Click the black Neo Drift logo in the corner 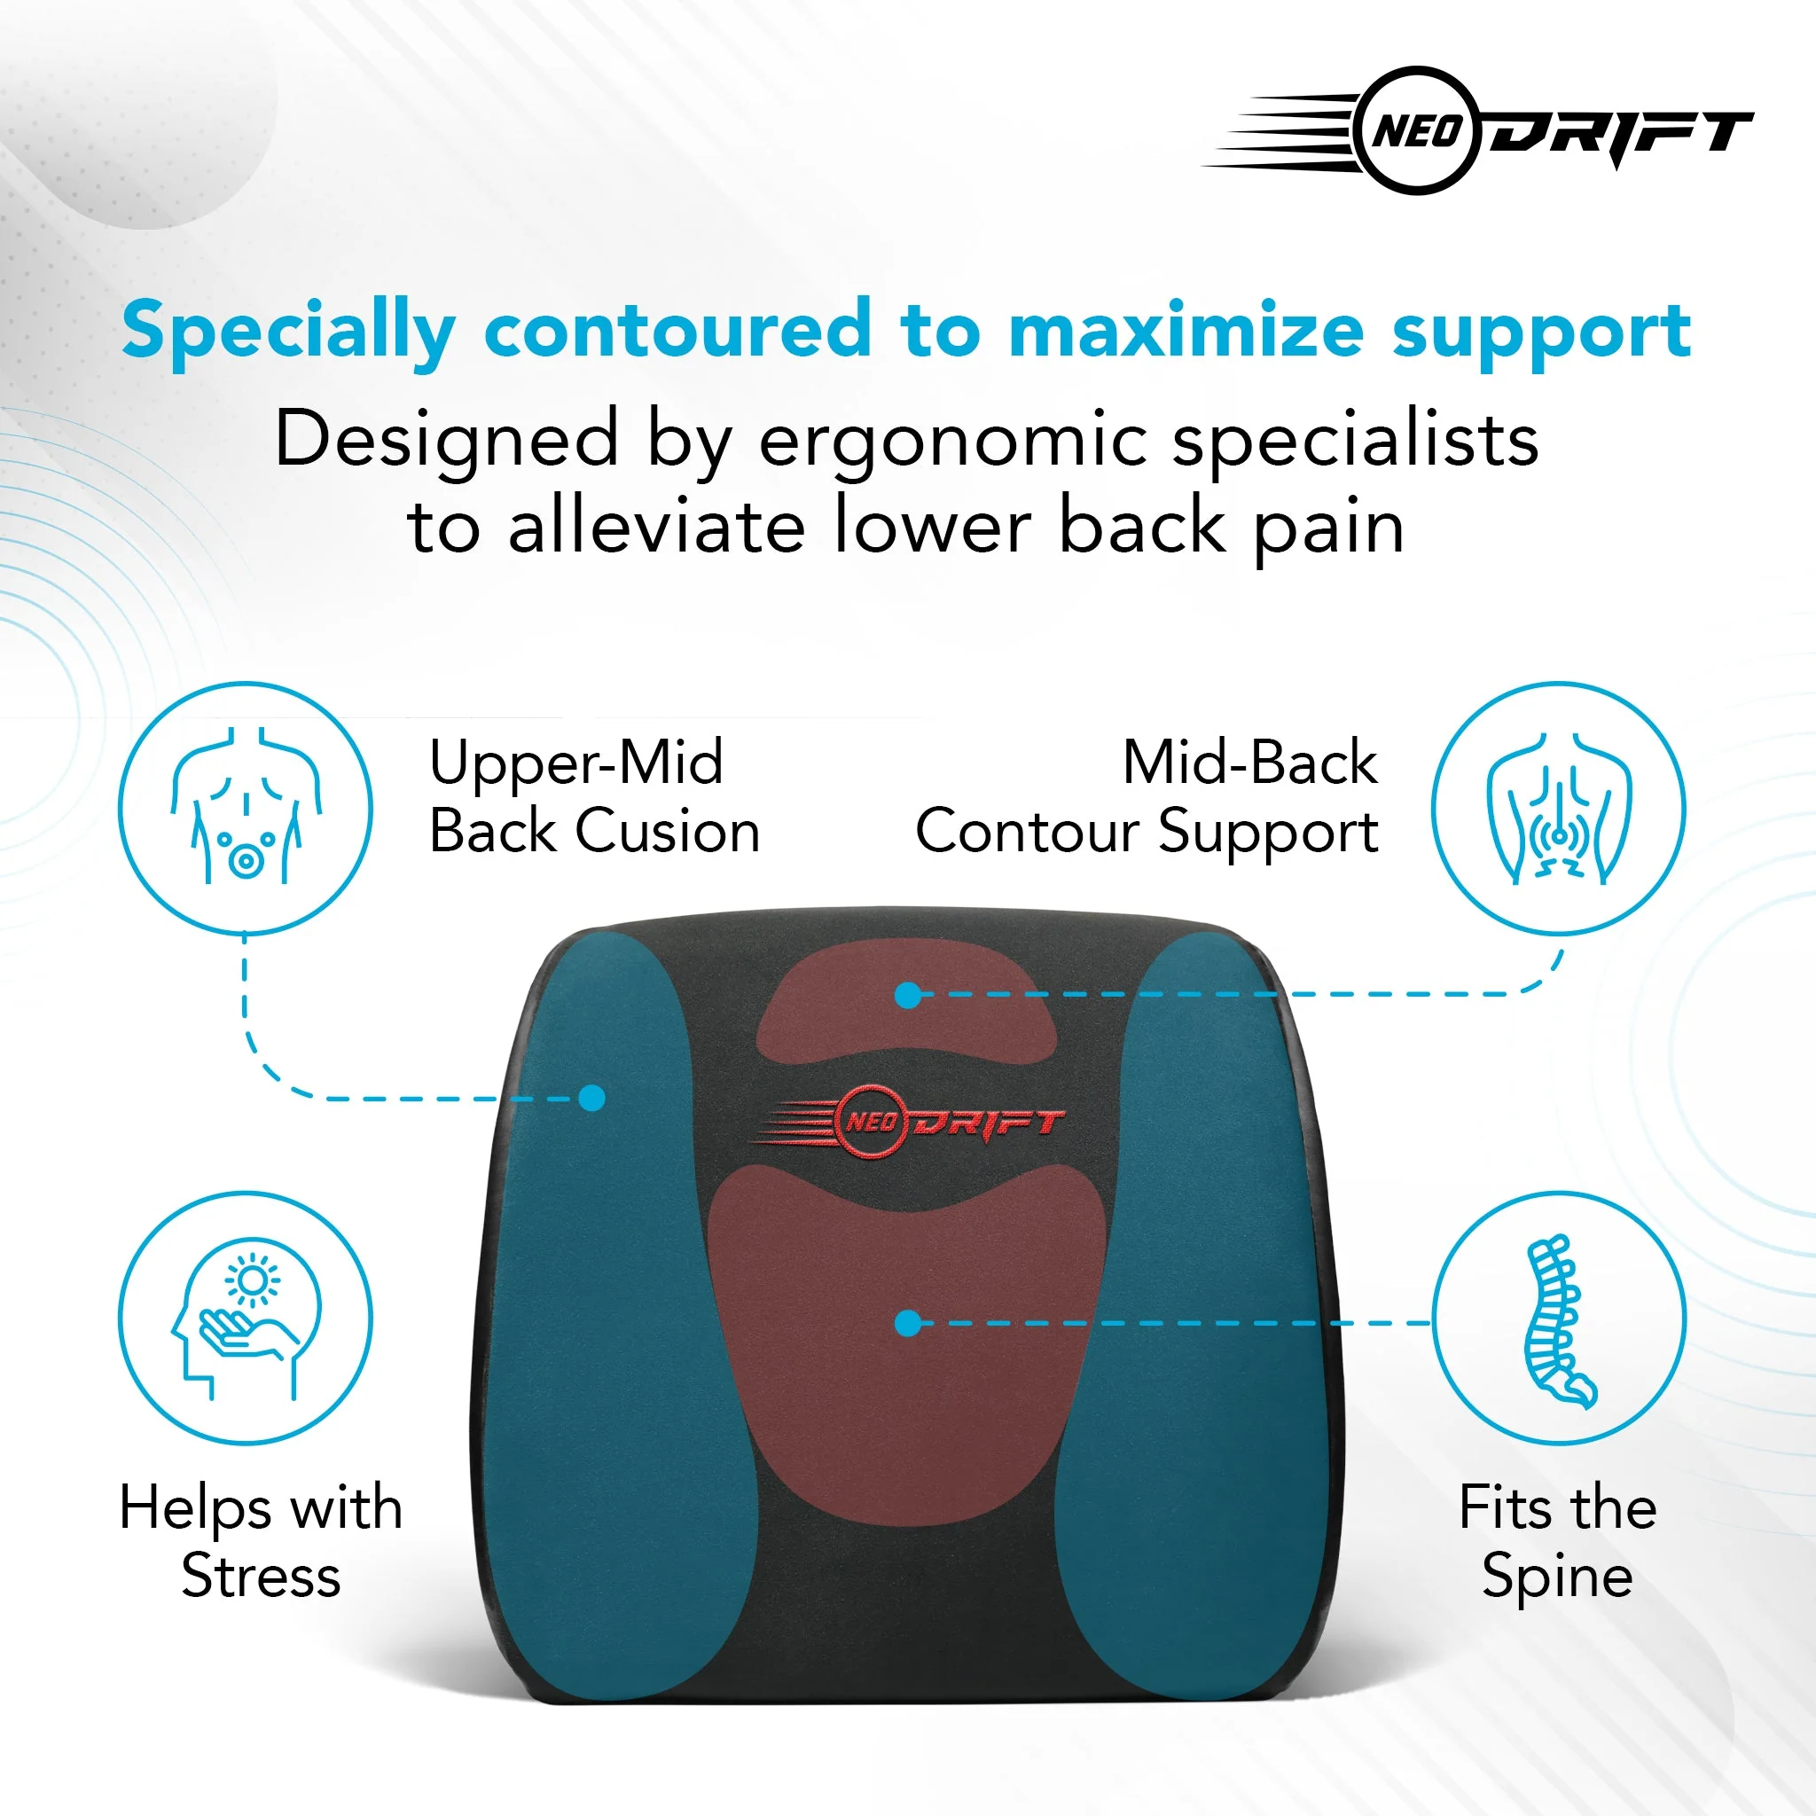click(x=1477, y=130)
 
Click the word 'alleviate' click(x=656, y=527)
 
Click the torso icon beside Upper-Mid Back click(x=246, y=809)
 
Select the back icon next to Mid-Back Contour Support click(x=1559, y=809)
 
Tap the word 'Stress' click(x=262, y=1576)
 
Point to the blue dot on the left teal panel click(x=592, y=1098)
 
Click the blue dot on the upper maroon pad click(x=908, y=996)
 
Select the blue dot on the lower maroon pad click(x=908, y=1324)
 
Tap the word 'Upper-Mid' click(x=576, y=764)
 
